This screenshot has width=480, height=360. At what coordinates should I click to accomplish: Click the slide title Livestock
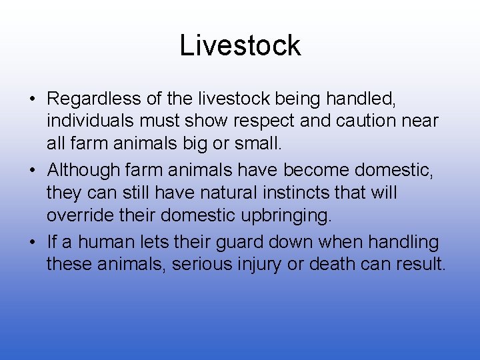tap(240, 45)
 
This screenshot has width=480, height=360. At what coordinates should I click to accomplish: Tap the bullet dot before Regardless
tap(32, 100)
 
